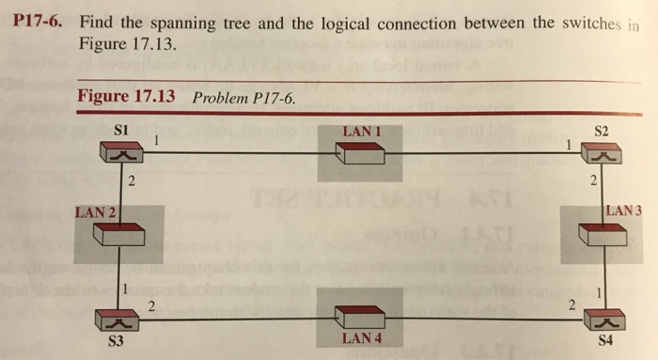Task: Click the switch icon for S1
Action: (119, 151)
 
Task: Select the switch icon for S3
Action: (119, 321)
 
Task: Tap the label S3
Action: (116, 341)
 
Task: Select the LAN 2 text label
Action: (94, 212)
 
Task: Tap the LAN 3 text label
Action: (624, 211)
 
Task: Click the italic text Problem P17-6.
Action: (237, 98)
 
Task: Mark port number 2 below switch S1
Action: (133, 181)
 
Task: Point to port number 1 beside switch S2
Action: (569, 146)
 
